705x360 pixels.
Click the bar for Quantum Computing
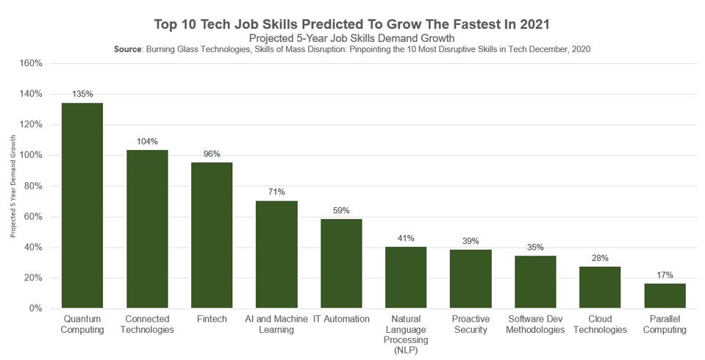82,205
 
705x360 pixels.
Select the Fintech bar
212,235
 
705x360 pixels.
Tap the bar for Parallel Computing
665,295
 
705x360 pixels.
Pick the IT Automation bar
341,263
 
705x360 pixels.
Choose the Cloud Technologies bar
600,287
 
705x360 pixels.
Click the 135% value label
82,94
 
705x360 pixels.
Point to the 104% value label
147,141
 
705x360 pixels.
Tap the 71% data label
276,192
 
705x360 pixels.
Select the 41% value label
406,238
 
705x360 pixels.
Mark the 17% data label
665,275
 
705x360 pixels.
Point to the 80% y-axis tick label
32,187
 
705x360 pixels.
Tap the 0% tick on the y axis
35,309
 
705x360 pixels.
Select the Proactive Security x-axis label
470,325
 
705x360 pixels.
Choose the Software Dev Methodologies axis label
535,325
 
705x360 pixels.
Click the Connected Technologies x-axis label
147,325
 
